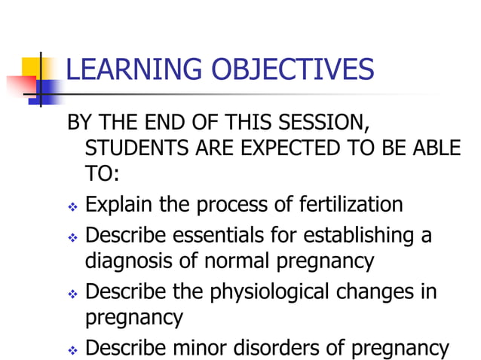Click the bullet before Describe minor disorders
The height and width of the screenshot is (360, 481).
point(73,351)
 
